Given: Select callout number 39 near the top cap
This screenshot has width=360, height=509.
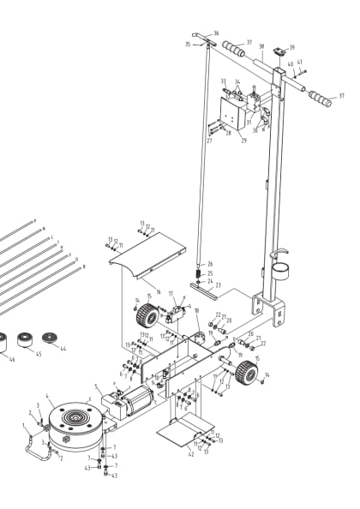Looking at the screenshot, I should [x=291, y=47].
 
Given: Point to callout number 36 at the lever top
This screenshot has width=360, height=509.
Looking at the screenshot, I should [x=216, y=33].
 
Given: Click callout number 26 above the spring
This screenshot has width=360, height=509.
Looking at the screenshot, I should [x=210, y=264].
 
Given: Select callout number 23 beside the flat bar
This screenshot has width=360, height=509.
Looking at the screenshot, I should [x=218, y=284].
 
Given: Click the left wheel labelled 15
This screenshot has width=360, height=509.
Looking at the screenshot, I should [x=142, y=316].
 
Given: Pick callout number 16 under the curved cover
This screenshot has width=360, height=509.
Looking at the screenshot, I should [x=158, y=292].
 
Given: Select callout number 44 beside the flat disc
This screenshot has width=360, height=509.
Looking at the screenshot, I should [x=62, y=348].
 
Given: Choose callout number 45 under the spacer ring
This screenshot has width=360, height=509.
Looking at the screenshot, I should [x=38, y=354].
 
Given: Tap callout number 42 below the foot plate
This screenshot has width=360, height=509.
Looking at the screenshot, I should [x=191, y=453].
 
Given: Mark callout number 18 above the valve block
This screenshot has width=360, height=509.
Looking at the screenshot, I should [x=196, y=310].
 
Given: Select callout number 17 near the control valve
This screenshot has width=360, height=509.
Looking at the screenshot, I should [x=171, y=293].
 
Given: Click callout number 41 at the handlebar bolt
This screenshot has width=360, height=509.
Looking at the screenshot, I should [x=300, y=63].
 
